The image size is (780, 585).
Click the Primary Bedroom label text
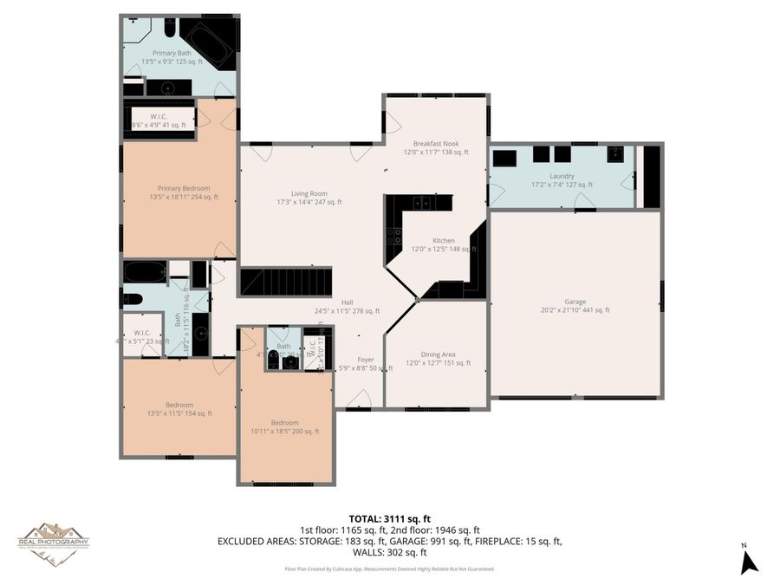[x=183, y=192]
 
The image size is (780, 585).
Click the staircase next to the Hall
[x=286, y=282]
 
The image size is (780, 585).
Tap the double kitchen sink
[x=421, y=203]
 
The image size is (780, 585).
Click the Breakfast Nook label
[x=436, y=147]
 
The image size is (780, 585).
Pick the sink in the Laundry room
[x=615, y=155]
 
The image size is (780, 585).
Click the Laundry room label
[x=563, y=179]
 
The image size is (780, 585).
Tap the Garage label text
[x=575, y=305]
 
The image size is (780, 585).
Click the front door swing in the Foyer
[x=359, y=399]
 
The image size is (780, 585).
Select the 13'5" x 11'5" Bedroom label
[x=179, y=409]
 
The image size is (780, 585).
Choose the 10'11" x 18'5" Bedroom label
[x=285, y=426]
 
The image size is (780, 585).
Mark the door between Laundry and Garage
[x=583, y=203]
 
